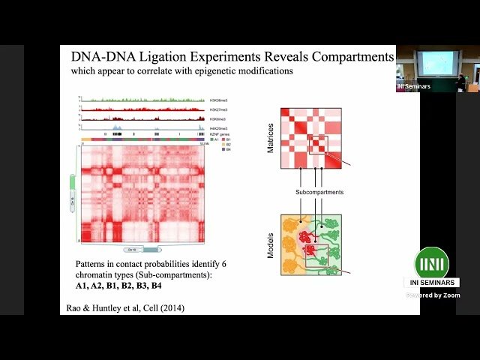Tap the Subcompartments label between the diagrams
318,193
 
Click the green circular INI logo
432,262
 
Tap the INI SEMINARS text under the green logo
433,283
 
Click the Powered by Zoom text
433,295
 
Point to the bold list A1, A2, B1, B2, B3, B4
118,286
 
